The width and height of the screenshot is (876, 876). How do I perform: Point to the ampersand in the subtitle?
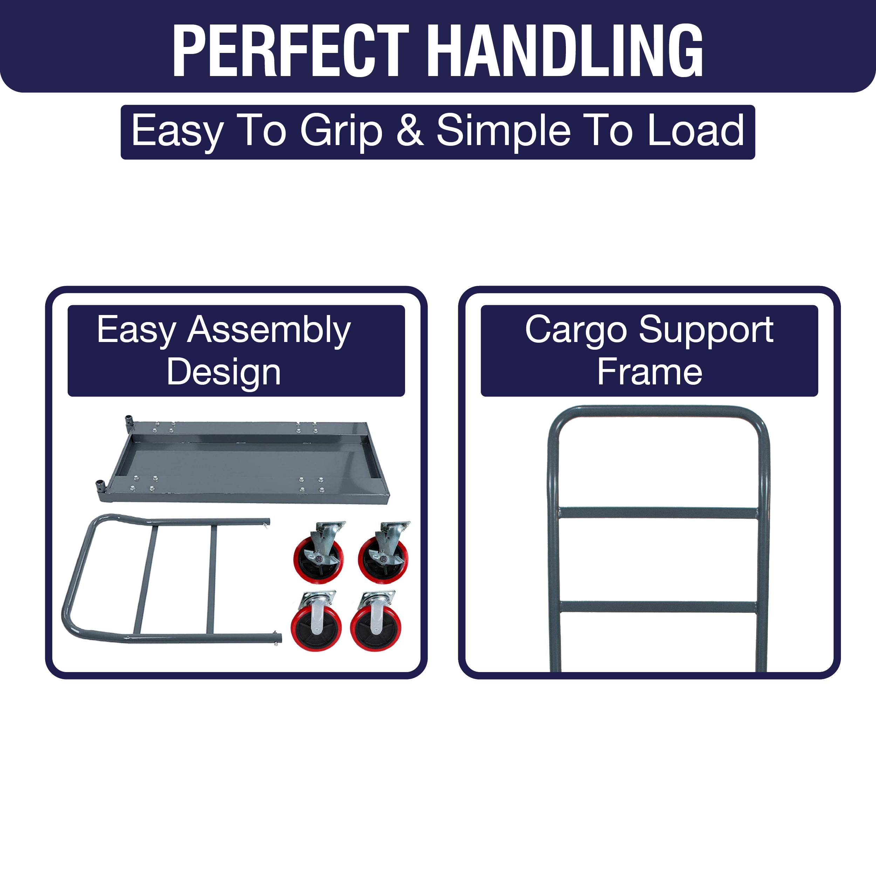pyautogui.click(x=410, y=131)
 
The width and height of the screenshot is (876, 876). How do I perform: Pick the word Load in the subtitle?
pyautogui.click(x=696, y=131)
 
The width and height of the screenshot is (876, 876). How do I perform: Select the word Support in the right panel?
pyautogui.click(x=706, y=331)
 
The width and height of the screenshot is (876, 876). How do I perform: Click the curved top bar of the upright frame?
pyautogui.click(x=658, y=411)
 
